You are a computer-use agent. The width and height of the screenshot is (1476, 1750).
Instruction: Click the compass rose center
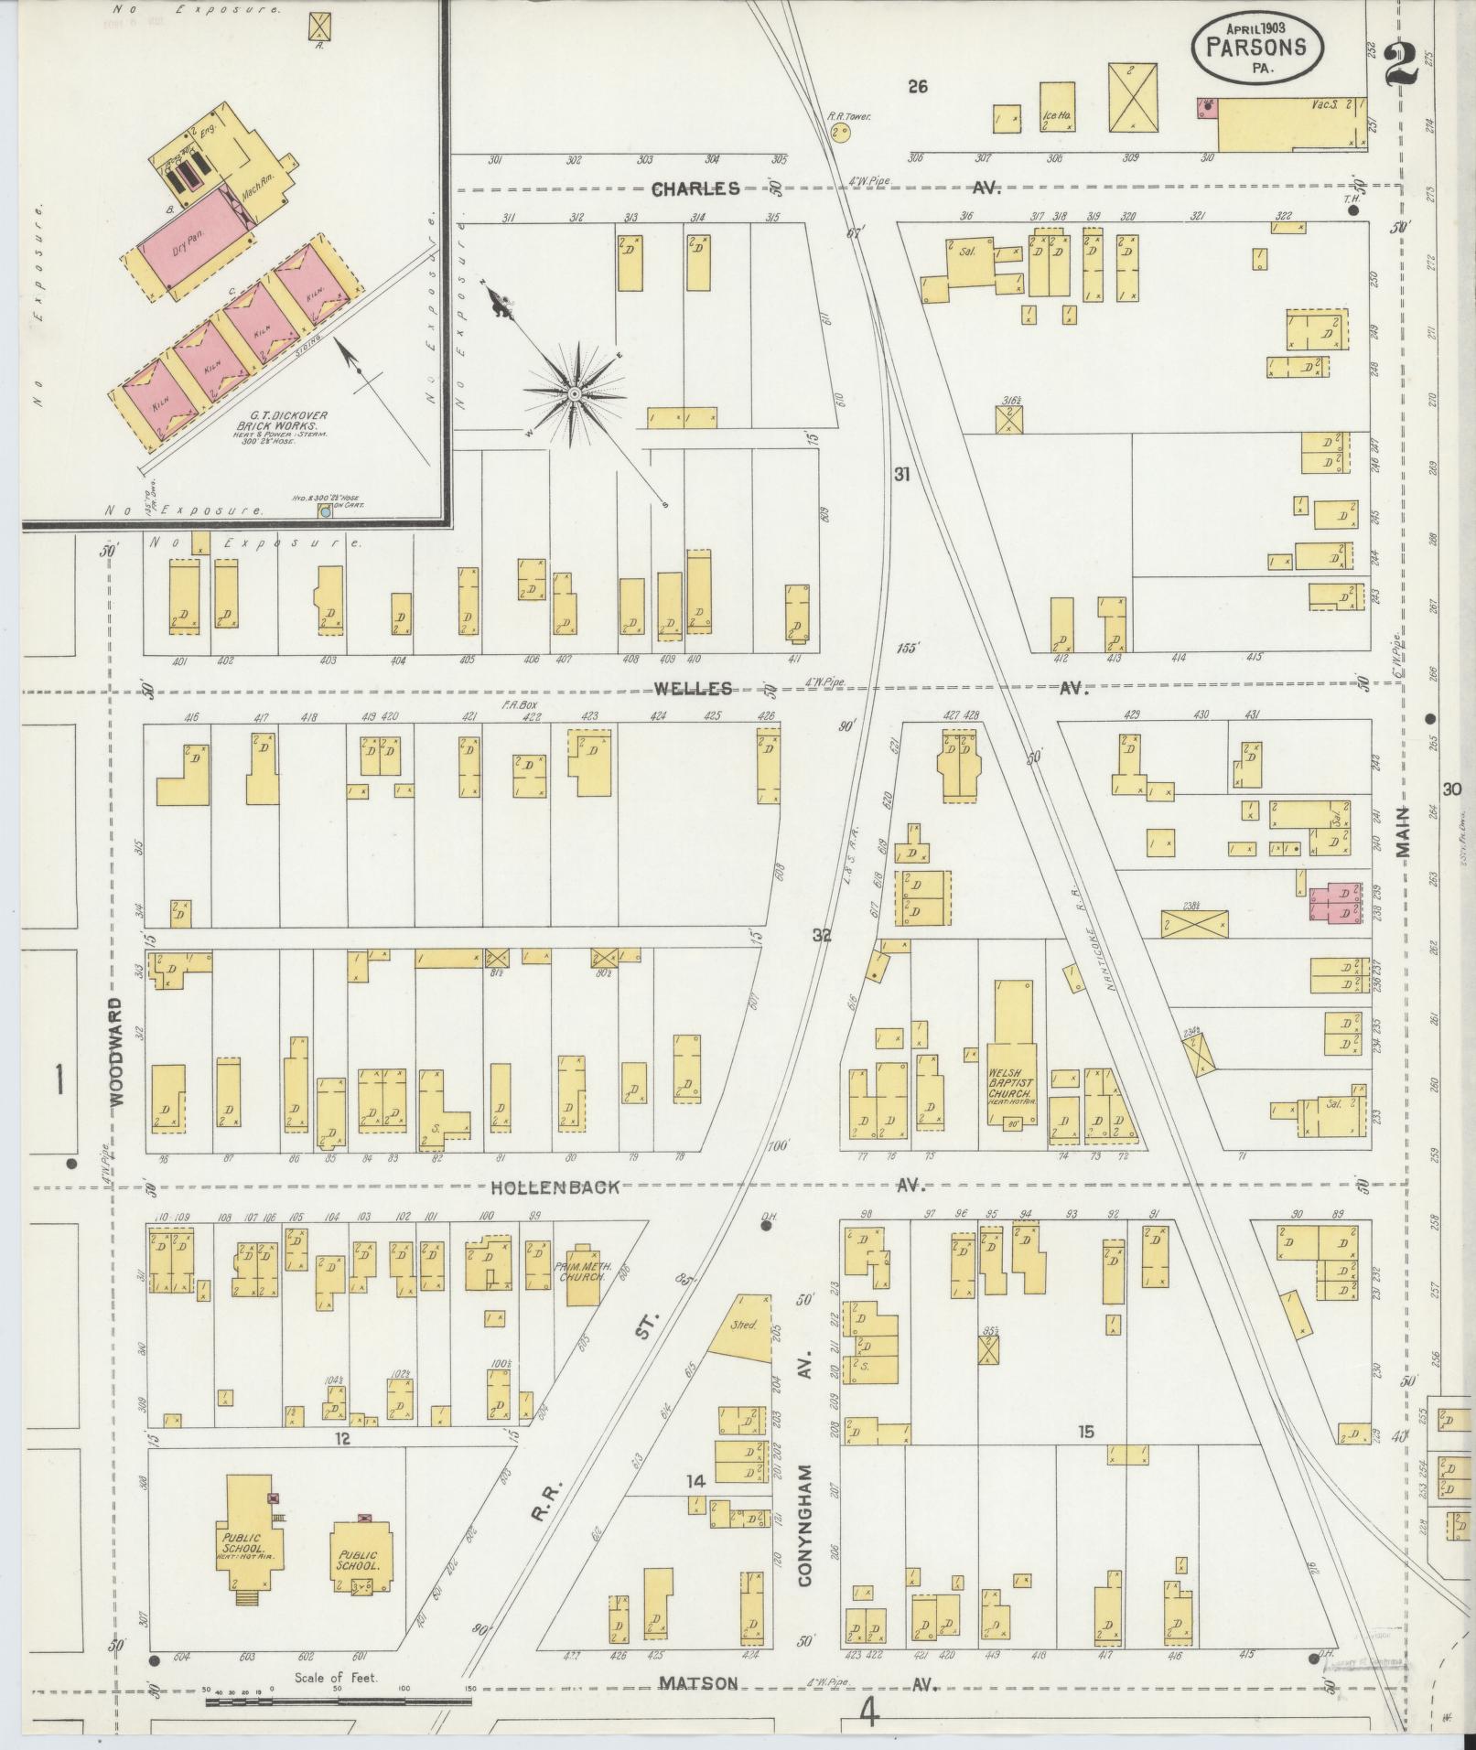(x=575, y=393)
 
